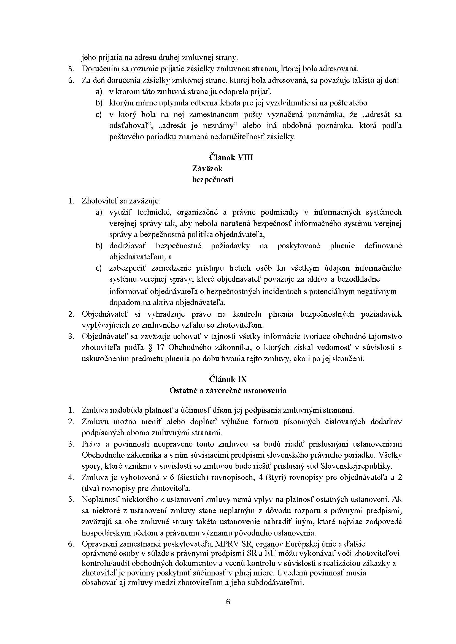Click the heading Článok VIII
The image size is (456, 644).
[231, 157]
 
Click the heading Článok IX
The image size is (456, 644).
[228, 379]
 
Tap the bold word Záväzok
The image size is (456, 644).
[207, 169]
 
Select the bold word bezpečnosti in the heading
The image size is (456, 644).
[212, 180]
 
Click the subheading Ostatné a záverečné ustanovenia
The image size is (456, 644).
[228, 390]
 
